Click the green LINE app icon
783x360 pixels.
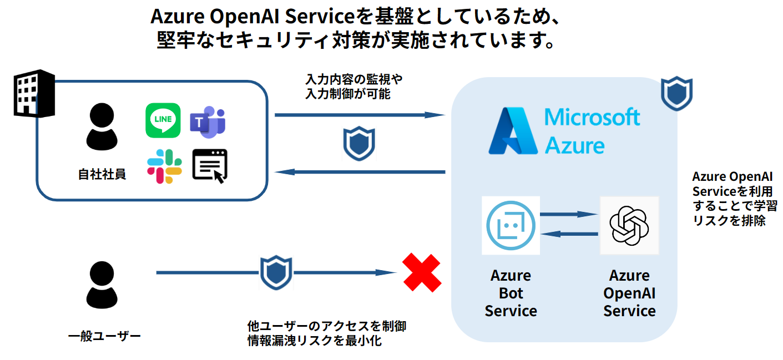(163, 120)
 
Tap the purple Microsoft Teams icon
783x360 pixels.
(208, 121)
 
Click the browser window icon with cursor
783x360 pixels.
(210, 166)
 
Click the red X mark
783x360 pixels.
(422, 272)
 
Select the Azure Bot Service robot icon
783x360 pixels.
(511, 226)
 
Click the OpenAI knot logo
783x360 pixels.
(629, 225)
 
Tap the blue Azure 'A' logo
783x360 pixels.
(513, 131)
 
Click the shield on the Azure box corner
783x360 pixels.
(676, 94)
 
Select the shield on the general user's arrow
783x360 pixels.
(276, 272)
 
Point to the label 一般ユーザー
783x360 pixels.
(104, 336)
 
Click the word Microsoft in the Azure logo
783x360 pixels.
(592, 118)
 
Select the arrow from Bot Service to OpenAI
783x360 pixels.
(568, 214)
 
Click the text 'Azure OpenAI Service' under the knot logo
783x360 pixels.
(629, 293)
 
